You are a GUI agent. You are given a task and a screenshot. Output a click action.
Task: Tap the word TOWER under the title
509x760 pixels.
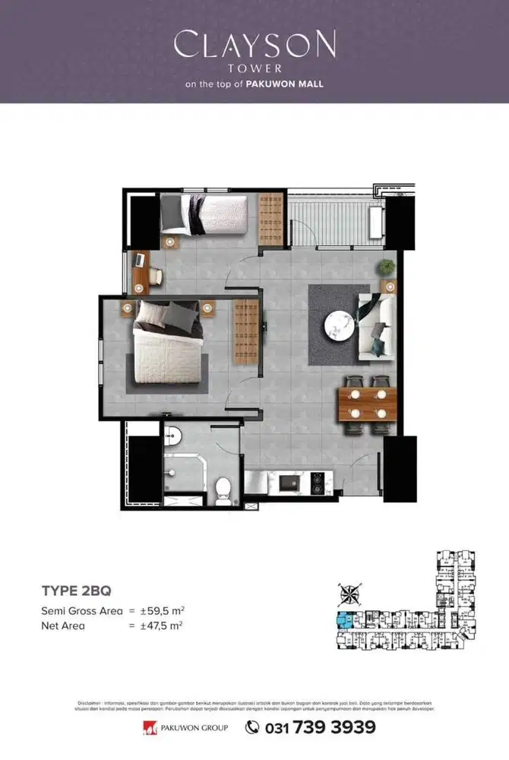pyautogui.click(x=254, y=68)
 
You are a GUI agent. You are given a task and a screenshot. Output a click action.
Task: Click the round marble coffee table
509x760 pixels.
pyautogui.click(x=338, y=327)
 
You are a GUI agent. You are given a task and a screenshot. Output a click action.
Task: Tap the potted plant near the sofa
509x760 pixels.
pyautogui.click(x=388, y=267)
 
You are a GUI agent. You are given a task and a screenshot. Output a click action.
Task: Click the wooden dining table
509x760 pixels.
pyautogui.click(x=368, y=404)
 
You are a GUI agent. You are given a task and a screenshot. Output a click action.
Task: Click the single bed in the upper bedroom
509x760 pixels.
pyautogui.click(x=204, y=215)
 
